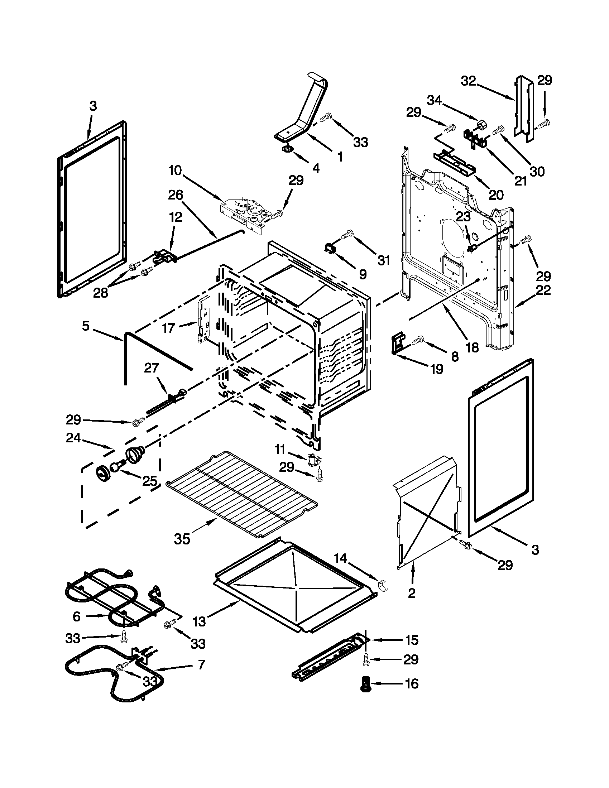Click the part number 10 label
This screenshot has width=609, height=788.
tap(175, 170)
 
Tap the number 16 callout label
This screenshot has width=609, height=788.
tap(412, 684)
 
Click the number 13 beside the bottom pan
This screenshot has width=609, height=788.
tap(199, 621)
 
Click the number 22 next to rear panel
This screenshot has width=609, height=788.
tap(543, 290)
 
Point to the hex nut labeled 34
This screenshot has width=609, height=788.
tap(480, 125)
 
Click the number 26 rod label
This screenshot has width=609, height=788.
tap(176, 195)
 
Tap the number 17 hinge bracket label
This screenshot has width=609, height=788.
tap(168, 328)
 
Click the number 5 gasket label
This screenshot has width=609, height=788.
tap(85, 327)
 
